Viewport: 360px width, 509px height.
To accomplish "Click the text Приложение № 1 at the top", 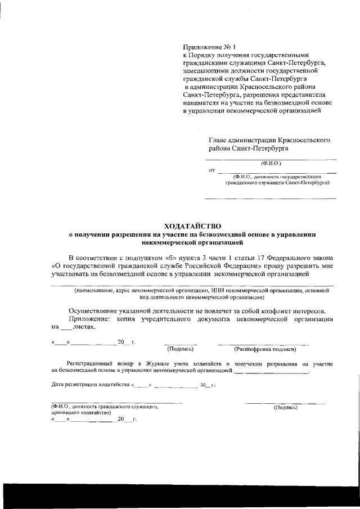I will tap(206, 48).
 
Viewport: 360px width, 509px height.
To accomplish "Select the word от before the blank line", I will tap(211, 170).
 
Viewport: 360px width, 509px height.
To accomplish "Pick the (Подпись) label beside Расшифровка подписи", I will tap(181, 349).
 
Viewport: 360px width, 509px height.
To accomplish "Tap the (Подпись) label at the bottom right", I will tap(285, 407).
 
